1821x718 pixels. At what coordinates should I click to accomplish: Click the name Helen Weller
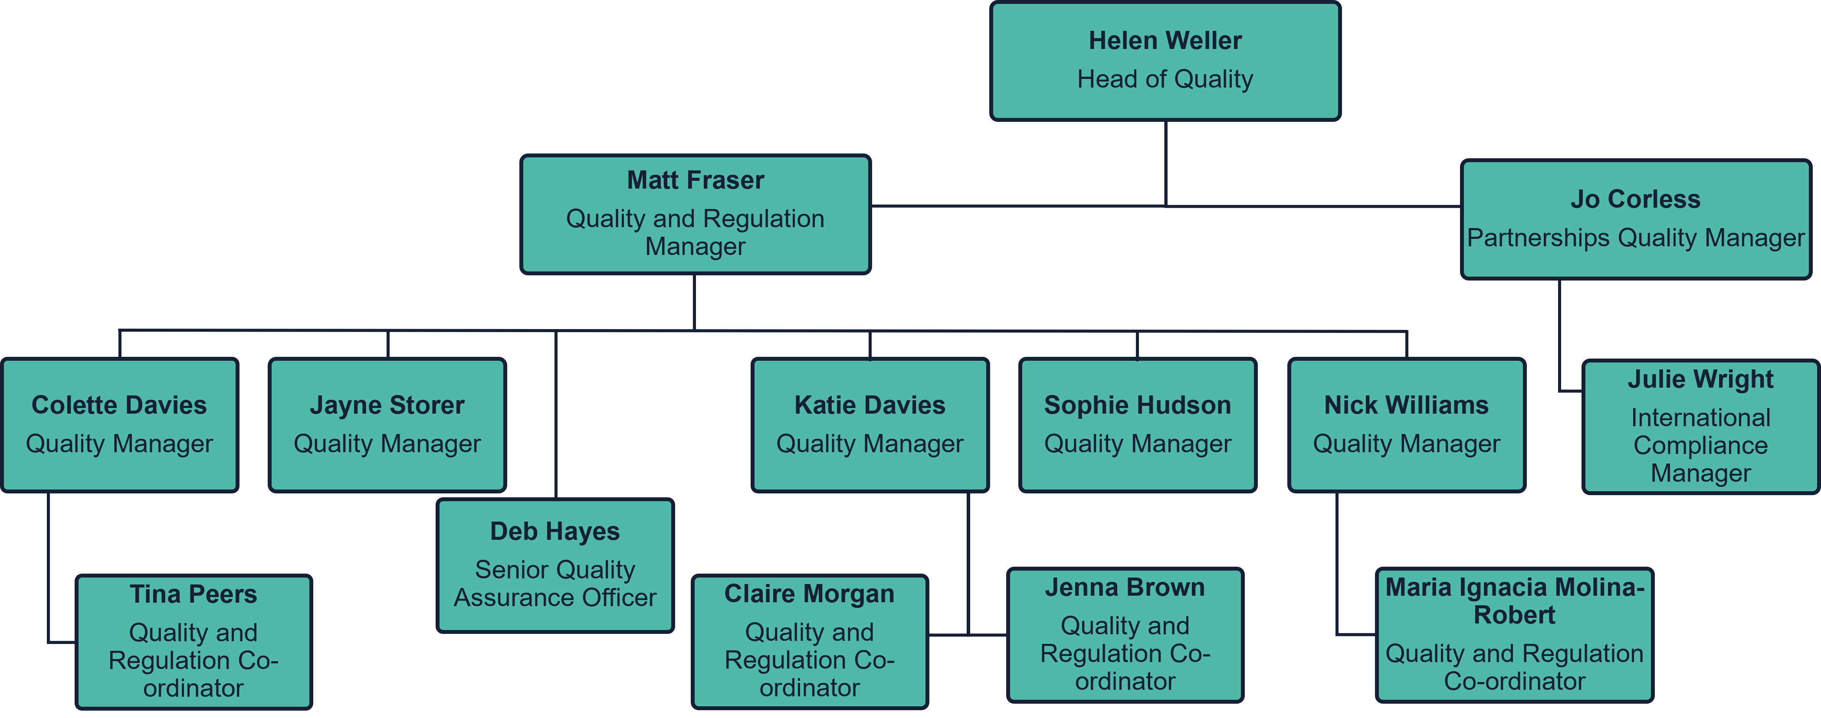1165,41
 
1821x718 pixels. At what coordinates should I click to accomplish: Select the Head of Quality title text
1165,79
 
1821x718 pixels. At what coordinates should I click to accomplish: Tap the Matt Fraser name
696,180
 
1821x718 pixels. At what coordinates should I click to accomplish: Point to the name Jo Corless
1635,199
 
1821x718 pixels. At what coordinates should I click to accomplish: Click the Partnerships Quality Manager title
1635,238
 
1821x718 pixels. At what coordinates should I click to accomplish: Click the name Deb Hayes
555,532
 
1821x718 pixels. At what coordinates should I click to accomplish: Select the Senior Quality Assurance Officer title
555,584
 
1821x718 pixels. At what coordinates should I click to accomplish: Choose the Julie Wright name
1700,379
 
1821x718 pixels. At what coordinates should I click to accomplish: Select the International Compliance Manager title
1700,445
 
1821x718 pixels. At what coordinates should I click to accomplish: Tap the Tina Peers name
193,594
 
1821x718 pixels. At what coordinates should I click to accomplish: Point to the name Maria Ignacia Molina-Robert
1514,601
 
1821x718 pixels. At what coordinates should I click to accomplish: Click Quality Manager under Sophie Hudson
1137,444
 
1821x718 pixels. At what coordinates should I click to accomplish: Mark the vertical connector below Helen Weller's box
1165,163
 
